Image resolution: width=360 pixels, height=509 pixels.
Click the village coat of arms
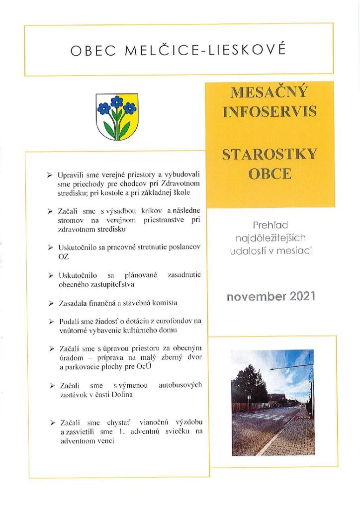(x=117, y=116)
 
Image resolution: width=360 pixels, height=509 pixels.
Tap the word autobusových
(x=180, y=385)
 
